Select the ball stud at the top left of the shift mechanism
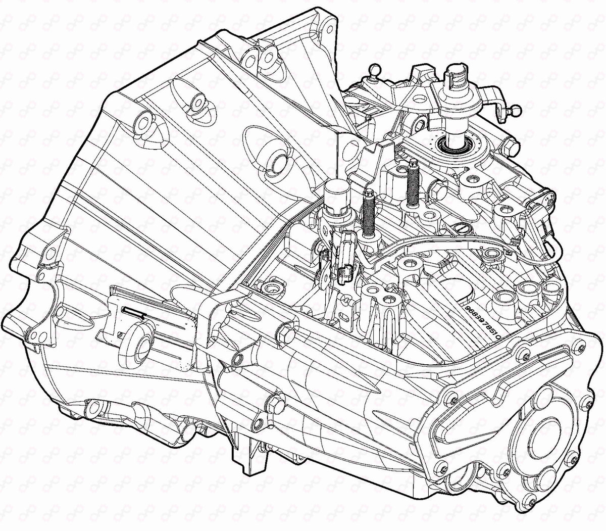(x=374, y=69)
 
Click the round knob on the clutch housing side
(x=139, y=344)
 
